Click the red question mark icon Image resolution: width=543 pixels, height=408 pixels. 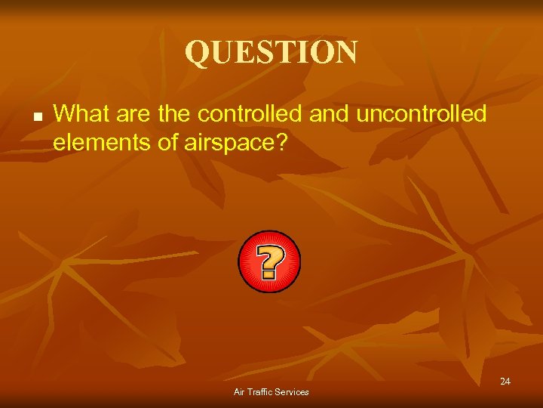pos(269,261)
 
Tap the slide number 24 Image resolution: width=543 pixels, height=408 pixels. pos(505,382)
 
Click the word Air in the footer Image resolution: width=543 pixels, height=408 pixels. pos(240,391)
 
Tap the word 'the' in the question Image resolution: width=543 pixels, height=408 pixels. pos(173,114)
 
